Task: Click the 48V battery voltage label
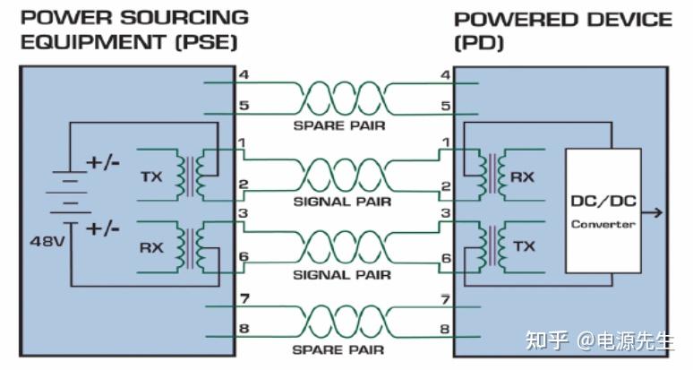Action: (x=47, y=241)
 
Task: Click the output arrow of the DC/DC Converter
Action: (x=653, y=212)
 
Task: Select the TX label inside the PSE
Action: (x=151, y=176)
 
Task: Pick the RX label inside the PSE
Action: (x=151, y=247)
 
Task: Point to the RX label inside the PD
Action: (x=522, y=177)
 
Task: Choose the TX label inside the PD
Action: (x=524, y=246)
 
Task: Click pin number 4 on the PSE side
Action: (x=244, y=74)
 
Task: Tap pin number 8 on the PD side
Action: (x=445, y=329)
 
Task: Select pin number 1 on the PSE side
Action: (x=243, y=143)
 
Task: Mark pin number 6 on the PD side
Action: (x=447, y=258)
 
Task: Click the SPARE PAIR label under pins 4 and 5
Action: (x=339, y=125)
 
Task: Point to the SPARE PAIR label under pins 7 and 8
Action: (x=338, y=349)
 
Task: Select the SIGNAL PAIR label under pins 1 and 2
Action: (x=343, y=202)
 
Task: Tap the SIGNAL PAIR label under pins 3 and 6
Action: (x=342, y=275)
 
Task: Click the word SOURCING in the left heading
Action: (x=184, y=18)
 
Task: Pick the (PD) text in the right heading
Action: (x=479, y=43)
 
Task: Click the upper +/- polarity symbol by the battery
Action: (x=103, y=163)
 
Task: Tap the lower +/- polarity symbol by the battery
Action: (x=103, y=229)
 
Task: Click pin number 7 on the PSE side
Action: (x=244, y=299)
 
